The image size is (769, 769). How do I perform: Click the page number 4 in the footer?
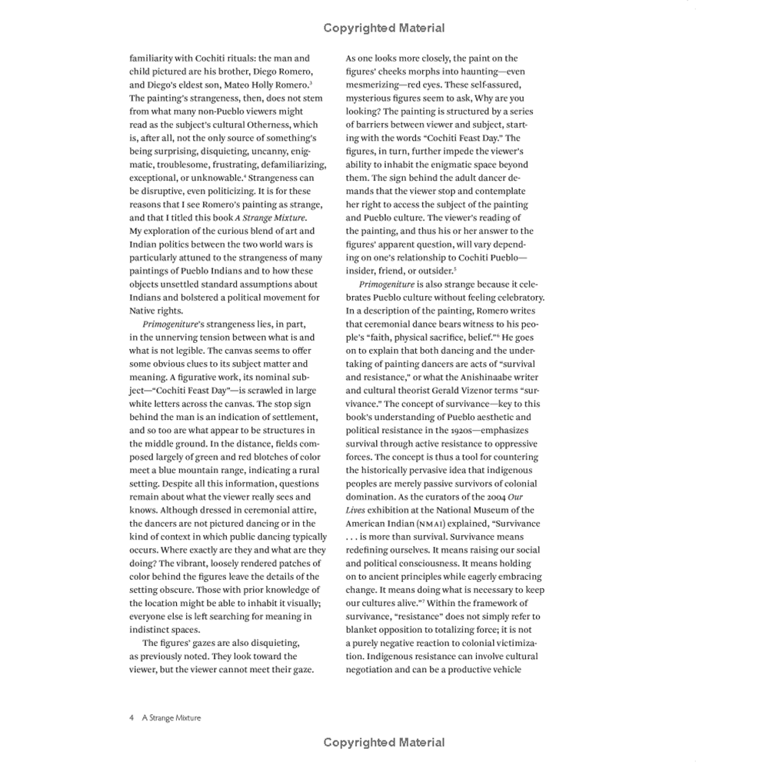132,717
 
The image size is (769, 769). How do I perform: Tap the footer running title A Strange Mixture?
171,717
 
